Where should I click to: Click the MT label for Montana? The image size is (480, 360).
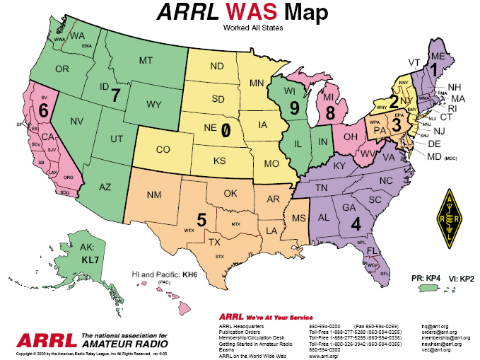click(x=146, y=62)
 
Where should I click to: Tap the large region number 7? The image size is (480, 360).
click(x=117, y=94)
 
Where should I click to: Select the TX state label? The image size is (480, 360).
click(x=213, y=240)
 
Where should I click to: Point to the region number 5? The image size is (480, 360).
click(x=201, y=221)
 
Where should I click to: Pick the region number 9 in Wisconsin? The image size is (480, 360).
click(x=293, y=109)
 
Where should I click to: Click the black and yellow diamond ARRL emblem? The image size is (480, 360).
click(x=447, y=219)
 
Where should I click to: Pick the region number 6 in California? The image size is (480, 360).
click(x=43, y=111)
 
